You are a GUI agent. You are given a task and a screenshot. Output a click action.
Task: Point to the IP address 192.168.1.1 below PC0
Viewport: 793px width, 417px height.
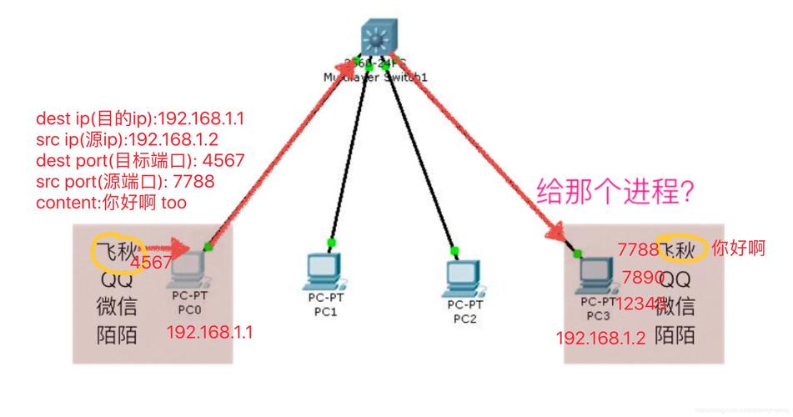pyautogui.click(x=209, y=332)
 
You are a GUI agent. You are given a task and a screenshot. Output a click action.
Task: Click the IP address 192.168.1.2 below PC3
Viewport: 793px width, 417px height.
pyautogui.click(x=601, y=338)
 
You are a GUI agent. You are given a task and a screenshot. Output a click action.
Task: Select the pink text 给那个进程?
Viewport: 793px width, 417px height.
pyautogui.click(x=615, y=191)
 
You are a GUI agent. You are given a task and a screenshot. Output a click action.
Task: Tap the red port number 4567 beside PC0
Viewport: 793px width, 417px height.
pyautogui.click(x=152, y=263)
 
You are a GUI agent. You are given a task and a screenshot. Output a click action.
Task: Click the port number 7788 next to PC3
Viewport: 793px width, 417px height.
pyautogui.click(x=638, y=249)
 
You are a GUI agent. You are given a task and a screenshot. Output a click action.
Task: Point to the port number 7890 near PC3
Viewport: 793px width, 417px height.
pyautogui.click(x=643, y=277)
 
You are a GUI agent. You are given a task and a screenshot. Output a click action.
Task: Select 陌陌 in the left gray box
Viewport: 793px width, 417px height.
pyautogui.click(x=115, y=335)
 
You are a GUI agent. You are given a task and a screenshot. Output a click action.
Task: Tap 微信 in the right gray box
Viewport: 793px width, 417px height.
pyautogui.click(x=675, y=306)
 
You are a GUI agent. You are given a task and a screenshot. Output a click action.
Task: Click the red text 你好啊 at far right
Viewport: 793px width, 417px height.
pyautogui.click(x=738, y=249)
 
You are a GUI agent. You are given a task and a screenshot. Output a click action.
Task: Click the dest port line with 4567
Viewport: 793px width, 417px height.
pyautogui.click(x=139, y=160)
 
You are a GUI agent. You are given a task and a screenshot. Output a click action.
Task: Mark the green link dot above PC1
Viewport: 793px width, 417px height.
pyautogui.click(x=331, y=243)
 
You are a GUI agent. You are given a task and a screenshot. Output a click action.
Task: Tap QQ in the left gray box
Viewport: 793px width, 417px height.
pyautogui.click(x=115, y=279)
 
